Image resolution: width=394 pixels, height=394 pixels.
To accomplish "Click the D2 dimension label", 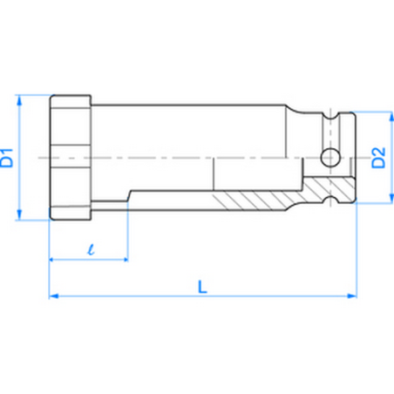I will click(x=377, y=158).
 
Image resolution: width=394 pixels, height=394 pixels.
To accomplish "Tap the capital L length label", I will click(x=202, y=284).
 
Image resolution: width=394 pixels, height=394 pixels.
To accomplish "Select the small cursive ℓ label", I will click(x=90, y=248).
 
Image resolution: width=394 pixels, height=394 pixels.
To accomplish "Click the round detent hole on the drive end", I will click(x=329, y=158).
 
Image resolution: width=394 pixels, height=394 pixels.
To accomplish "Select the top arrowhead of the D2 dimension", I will click(x=389, y=116).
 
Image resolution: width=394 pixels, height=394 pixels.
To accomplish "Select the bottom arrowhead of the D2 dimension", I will click(x=389, y=200).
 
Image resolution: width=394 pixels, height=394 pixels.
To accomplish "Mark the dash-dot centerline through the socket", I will click(x=174, y=158).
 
